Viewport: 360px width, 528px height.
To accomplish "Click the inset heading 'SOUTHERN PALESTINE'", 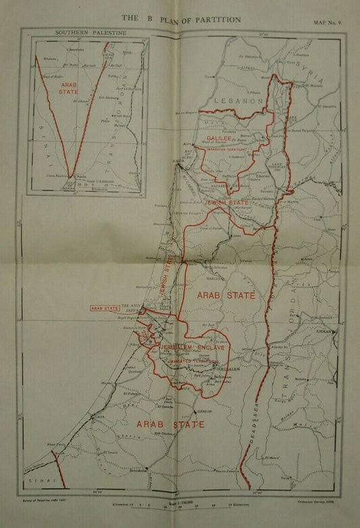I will [82, 32].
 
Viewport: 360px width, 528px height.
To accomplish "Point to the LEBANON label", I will [238, 100].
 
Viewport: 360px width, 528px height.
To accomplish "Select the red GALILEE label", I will [220, 137].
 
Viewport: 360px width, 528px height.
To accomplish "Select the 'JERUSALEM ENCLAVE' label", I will [192, 347].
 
